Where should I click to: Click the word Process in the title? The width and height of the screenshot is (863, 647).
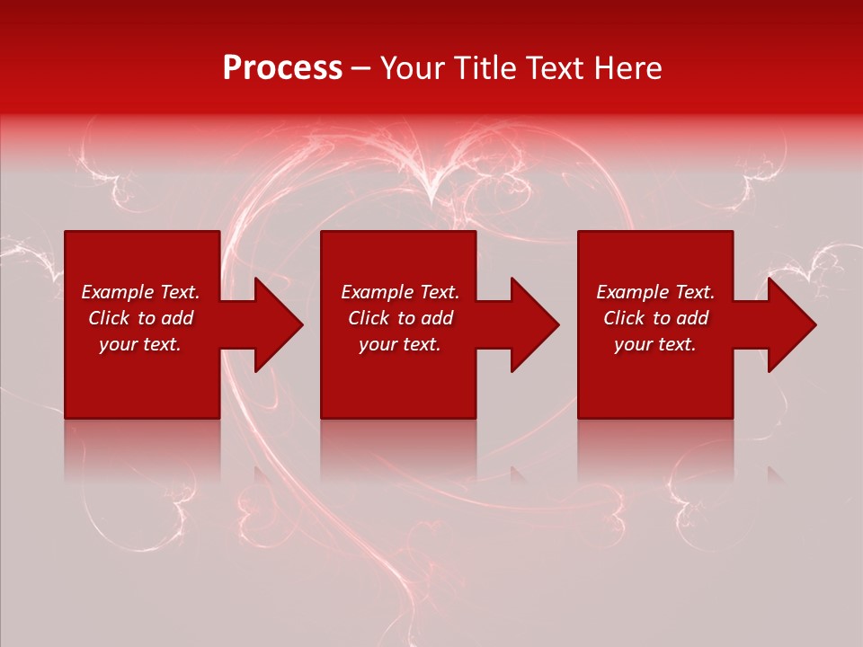[282, 68]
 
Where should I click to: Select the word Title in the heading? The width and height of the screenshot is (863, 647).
[485, 68]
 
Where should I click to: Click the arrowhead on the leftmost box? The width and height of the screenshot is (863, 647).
[273, 324]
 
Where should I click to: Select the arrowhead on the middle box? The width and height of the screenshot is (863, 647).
[529, 324]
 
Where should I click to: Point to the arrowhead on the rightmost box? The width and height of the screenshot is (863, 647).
[787, 324]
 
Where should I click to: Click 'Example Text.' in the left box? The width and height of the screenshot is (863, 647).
[140, 292]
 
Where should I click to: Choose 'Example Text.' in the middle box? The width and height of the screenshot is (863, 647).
[400, 292]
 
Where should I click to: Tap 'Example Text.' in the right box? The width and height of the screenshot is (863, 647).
[655, 292]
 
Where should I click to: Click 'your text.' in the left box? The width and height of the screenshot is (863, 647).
[140, 344]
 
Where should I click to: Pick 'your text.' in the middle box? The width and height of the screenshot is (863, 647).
[400, 344]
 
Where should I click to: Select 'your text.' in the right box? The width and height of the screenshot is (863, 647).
[655, 344]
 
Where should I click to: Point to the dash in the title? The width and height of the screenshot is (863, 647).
[360, 69]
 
